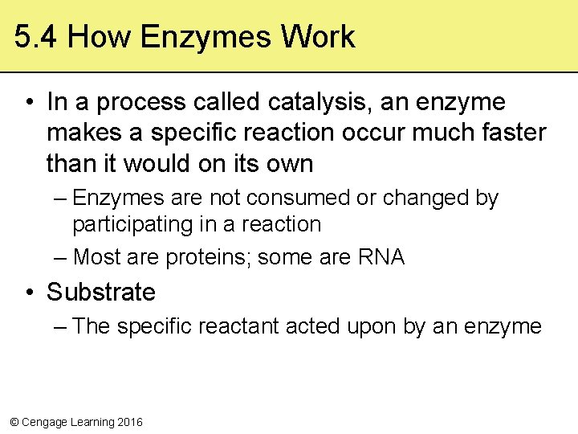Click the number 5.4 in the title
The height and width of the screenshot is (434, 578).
[36, 37]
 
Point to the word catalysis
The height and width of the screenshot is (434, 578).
[307, 103]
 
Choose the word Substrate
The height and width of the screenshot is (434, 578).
[101, 292]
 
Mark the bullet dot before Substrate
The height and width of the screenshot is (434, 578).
[28, 293]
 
